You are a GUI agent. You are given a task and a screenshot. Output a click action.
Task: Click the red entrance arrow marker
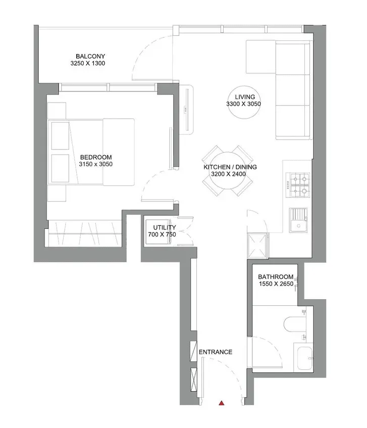click(x=222, y=403)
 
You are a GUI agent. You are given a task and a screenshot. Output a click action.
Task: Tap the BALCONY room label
click(x=90, y=56)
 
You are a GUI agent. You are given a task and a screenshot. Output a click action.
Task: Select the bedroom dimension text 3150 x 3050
click(x=96, y=164)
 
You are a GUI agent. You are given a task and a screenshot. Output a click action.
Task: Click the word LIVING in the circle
click(x=245, y=97)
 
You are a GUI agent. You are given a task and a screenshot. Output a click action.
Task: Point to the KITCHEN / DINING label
click(x=230, y=167)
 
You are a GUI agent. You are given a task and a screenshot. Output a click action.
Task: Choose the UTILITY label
click(x=165, y=227)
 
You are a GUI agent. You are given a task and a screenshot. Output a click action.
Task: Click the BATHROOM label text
click(x=276, y=277)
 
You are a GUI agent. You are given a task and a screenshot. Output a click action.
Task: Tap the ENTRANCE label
click(x=216, y=352)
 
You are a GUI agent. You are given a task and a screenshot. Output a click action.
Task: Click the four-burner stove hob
click(x=297, y=185)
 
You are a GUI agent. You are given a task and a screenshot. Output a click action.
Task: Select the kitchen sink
click(x=298, y=220)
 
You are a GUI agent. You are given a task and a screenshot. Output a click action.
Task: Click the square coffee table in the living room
click(x=260, y=57)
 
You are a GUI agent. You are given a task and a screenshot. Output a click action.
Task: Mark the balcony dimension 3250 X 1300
click(x=87, y=63)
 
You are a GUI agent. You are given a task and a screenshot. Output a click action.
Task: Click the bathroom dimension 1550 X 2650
click(x=276, y=284)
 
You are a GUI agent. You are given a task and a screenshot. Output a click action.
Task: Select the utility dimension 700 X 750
click(x=162, y=234)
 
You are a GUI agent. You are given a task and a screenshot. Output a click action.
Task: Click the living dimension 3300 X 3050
click(x=243, y=104)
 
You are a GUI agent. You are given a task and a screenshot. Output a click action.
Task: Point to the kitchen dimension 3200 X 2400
click(x=228, y=174)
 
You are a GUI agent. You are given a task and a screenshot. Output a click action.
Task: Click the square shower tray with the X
click(x=257, y=245)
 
